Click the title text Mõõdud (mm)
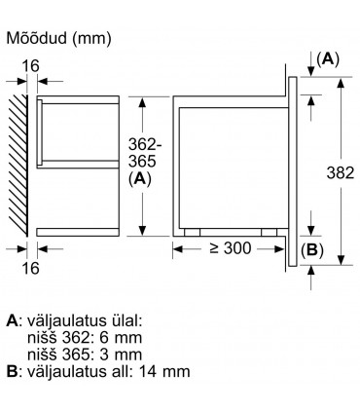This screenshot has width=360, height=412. pos(58,38)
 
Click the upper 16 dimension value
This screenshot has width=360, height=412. pos(30,66)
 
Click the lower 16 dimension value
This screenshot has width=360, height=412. pos(30,268)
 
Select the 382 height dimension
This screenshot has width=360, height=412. pos(340,172)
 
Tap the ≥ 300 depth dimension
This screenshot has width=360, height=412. pos(231,248)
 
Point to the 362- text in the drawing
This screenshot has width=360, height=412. pos(145,144)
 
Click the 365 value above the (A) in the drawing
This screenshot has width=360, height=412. pos(142,162)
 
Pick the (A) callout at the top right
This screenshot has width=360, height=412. pos(328,59)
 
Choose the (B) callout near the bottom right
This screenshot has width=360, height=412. pos(312,250)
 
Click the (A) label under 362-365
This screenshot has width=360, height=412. pos(140,179)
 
